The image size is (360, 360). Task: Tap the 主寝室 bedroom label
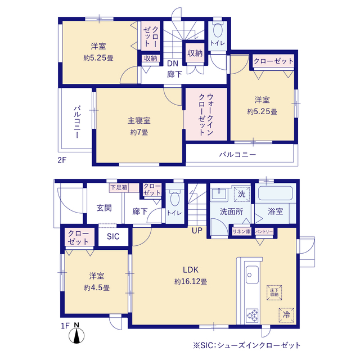(x=138, y=120)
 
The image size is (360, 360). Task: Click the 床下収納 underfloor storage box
(x=273, y=292)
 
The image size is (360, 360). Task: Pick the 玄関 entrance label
(x=103, y=208)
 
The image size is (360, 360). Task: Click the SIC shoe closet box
(x=114, y=237)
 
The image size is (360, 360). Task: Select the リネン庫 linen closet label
(x=242, y=231)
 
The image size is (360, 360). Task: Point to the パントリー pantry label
(x=264, y=231)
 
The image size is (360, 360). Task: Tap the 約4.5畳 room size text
(x=97, y=287)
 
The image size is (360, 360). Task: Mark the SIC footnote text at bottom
(x=247, y=345)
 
